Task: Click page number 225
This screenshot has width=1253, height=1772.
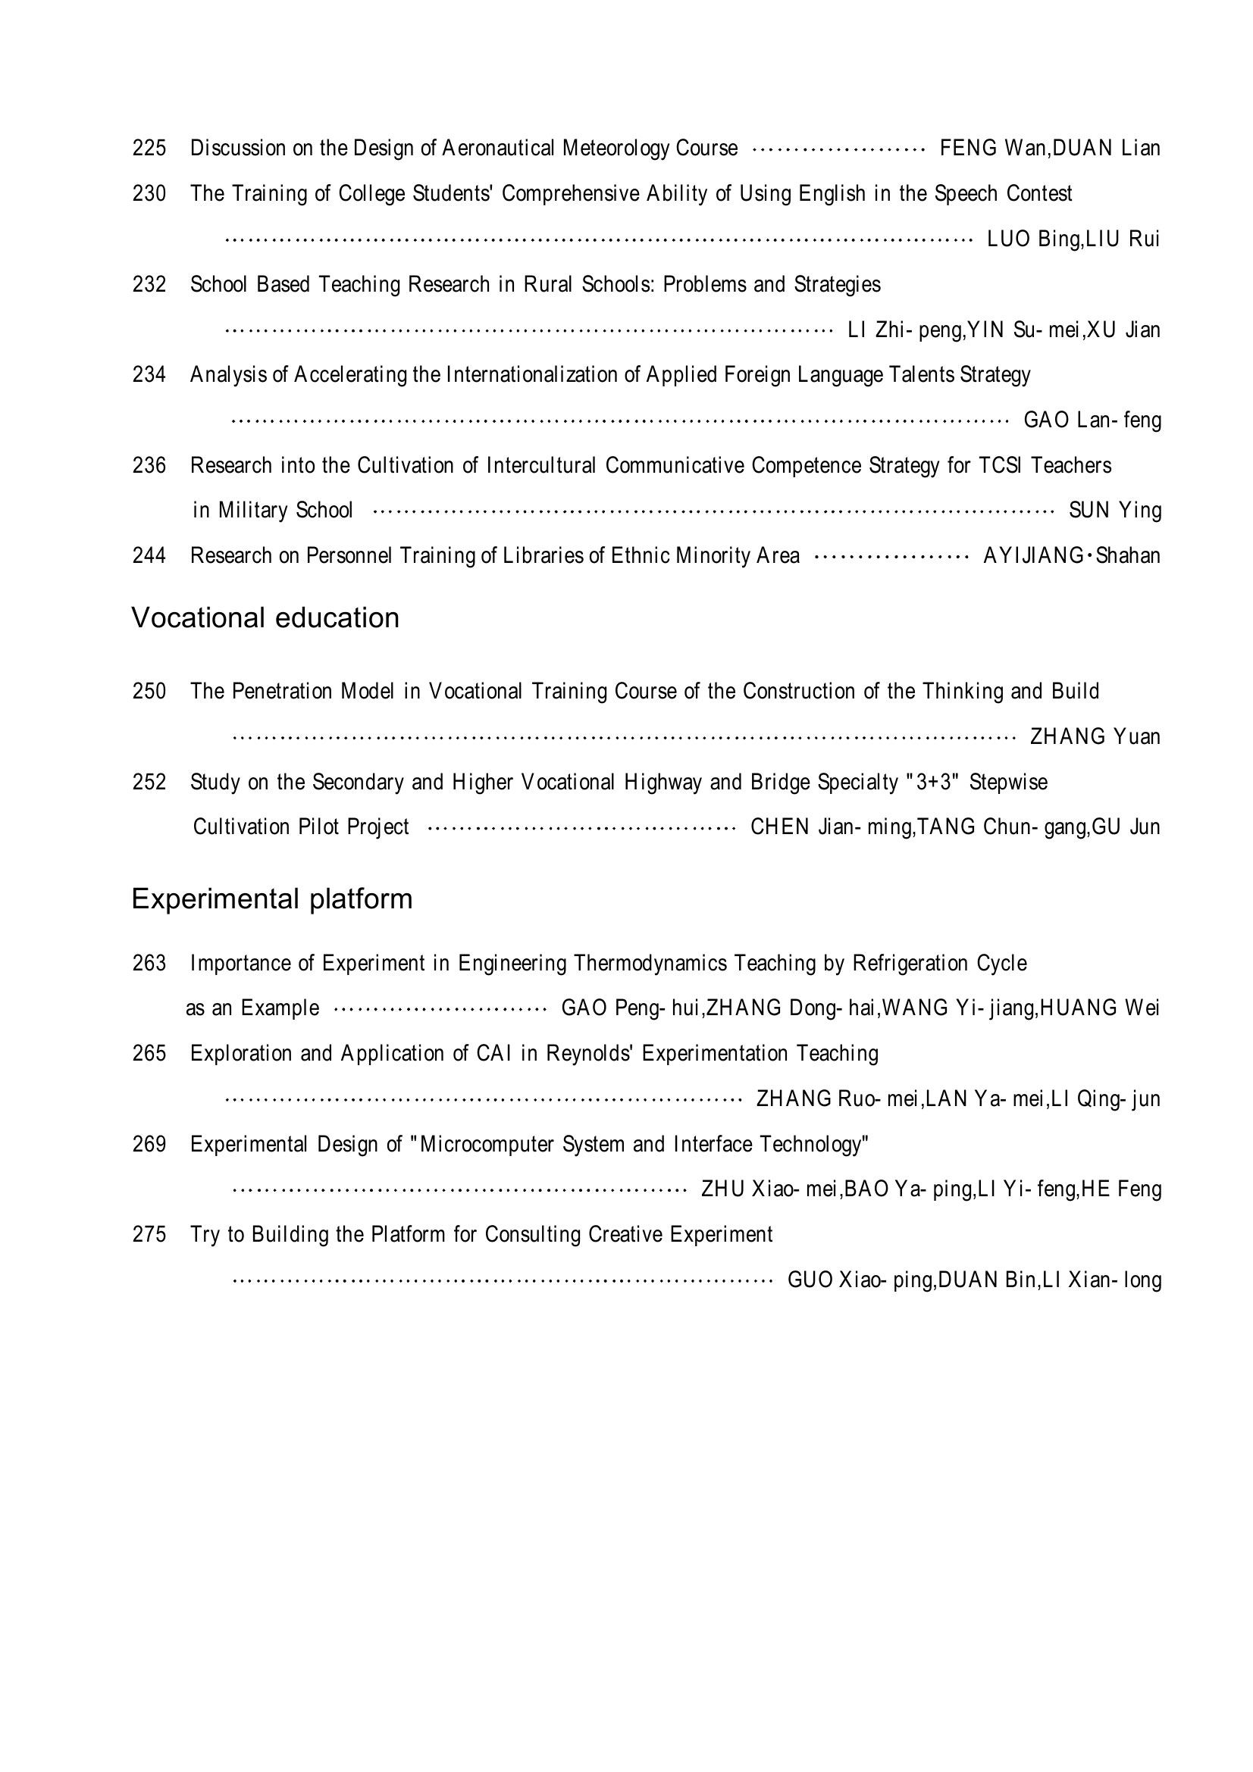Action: pos(149,148)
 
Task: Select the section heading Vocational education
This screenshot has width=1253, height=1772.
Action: pos(265,618)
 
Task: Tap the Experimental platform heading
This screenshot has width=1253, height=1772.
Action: pos(272,899)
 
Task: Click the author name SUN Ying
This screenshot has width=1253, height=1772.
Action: pos(1115,511)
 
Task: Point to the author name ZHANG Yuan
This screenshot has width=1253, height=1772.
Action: pos(1095,737)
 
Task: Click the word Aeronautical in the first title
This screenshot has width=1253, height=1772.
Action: pos(498,148)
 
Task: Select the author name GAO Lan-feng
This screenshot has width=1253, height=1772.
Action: pos(1092,420)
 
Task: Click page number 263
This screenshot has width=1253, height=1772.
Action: pos(149,963)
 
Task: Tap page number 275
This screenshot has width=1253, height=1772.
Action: pos(149,1235)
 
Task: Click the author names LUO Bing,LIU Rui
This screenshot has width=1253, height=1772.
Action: pos(1073,239)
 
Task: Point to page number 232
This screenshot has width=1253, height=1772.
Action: pos(149,285)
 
